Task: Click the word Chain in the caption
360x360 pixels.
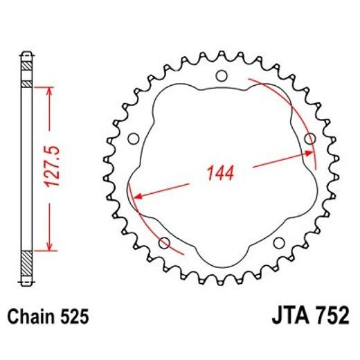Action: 30,317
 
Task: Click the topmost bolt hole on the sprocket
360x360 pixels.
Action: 221,75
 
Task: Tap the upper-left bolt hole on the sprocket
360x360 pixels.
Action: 134,138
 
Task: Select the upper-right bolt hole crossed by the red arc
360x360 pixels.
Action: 309,138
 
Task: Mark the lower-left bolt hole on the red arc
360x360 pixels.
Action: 165,242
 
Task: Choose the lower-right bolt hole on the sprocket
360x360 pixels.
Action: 278,242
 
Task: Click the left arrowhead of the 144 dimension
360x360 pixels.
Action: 137,196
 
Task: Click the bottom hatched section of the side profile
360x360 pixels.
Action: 26,262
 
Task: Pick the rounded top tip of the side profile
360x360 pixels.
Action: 26,53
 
